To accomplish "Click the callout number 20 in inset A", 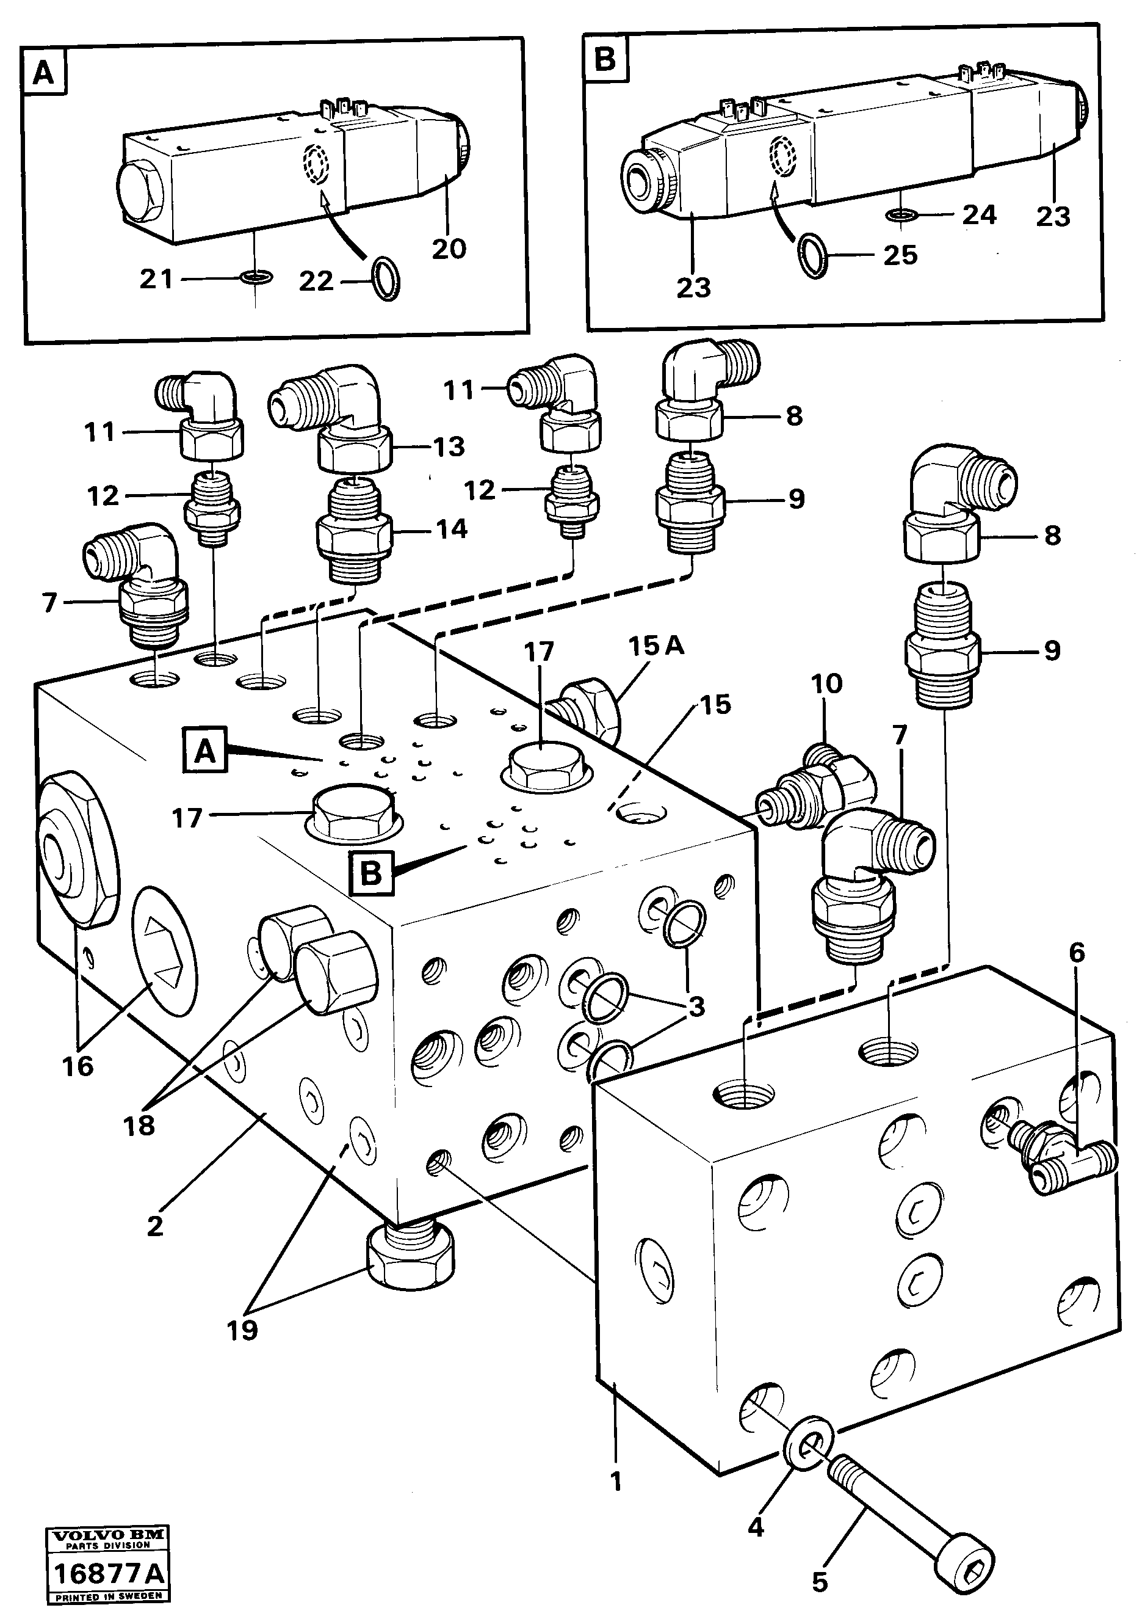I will coord(449,249).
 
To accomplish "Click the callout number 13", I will coord(449,446).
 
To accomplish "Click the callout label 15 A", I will coord(656,646).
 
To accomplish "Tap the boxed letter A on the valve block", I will coord(204,752).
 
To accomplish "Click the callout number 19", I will coord(242,1330).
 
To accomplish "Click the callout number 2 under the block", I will coord(155,1226).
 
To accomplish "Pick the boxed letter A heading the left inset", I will coord(44,71).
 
